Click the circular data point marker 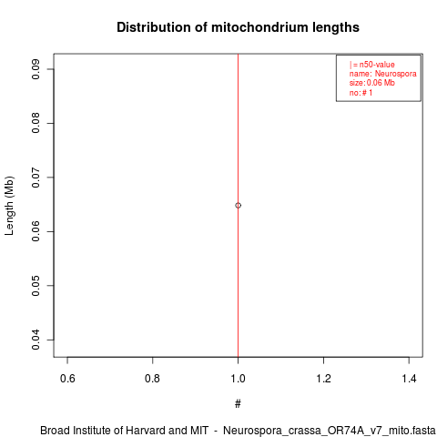point(238,206)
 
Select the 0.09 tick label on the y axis point(36,69)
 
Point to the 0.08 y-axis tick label point(36,123)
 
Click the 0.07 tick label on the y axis point(36,178)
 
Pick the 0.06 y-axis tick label point(36,231)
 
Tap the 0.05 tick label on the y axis point(36,285)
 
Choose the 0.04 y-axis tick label point(36,340)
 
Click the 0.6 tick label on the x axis point(67,379)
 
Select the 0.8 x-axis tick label point(152,379)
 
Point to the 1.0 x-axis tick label point(238,379)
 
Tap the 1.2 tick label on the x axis point(324,379)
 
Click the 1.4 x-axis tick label point(409,379)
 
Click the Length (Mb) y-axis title point(9,206)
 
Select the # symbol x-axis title point(238,404)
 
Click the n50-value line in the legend point(372,65)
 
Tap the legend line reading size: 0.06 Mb point(372,83)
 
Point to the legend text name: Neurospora point(382,74)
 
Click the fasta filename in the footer point(330,431)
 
